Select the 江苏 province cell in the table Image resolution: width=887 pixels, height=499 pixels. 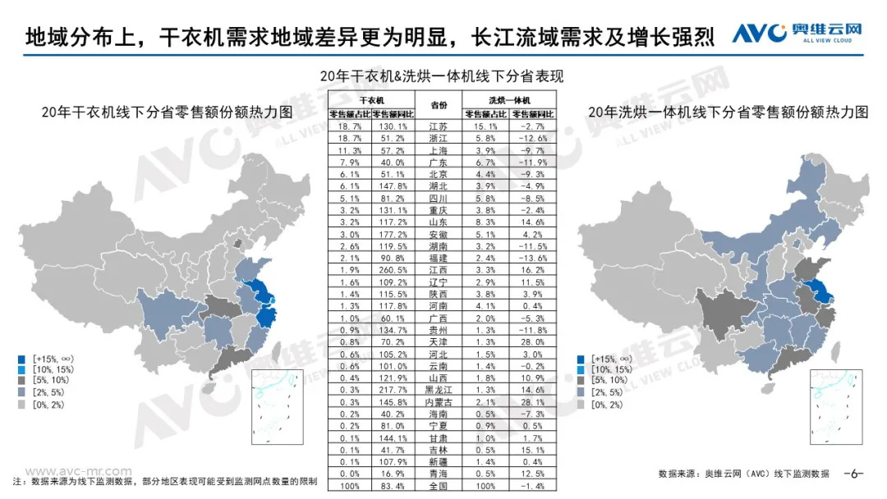coord(438,127)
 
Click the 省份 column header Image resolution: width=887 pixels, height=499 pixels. coord(438,103)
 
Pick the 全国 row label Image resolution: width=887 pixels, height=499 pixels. coord(438,486)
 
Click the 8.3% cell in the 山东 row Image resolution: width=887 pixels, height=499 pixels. coord(482,222)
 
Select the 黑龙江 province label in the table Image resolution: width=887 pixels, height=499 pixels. coord(438,390)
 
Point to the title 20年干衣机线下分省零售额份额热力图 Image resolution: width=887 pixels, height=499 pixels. coord(156,113)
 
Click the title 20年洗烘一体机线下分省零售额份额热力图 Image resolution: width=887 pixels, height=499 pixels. coord(728,113)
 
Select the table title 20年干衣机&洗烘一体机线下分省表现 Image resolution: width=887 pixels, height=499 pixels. coord(444,76)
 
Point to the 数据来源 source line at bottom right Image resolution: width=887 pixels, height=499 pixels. coord(743,474)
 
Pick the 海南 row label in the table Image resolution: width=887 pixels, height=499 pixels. coord(438,414)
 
